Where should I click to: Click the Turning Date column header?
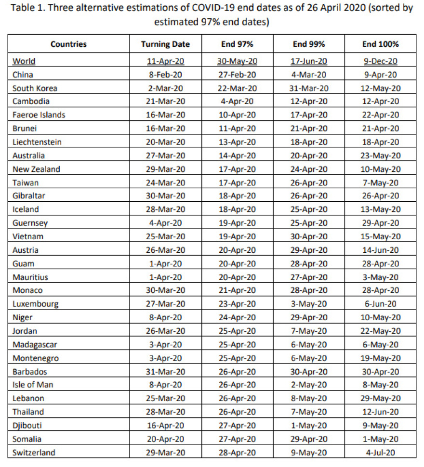coord(165,44)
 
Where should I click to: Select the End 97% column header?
coord(237,44)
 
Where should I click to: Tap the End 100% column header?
coord(380,44)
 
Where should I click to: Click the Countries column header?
coord(68,44)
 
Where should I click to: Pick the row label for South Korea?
coord(35,88)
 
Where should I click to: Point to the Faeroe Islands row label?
coord(39,115)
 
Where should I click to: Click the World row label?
coord(24,61)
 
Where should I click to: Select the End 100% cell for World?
coord(380,61)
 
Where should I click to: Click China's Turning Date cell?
coord(165,75)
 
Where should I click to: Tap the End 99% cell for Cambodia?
coord(309,102)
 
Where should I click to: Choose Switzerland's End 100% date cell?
coord(380,453)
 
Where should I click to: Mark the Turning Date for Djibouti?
coord(165,426)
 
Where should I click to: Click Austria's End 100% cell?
coord(380,250)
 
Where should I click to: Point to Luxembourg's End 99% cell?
coord(309,304)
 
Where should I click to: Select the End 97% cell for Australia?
coord(237,156)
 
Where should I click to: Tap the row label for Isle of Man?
coord(33,385)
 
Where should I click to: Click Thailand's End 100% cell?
coord(380,412)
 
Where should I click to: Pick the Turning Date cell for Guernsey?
coord(165,223)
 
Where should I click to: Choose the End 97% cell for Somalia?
coord(237,439)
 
